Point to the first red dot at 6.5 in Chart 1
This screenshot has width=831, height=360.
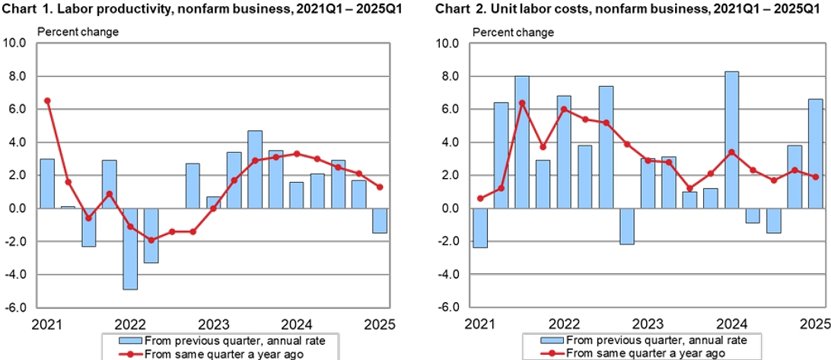47,100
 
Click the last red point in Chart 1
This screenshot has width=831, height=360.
380,186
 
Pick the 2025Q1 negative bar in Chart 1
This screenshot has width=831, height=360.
380,220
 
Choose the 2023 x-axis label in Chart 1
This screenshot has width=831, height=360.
214,322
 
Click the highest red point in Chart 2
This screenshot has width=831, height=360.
522,103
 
